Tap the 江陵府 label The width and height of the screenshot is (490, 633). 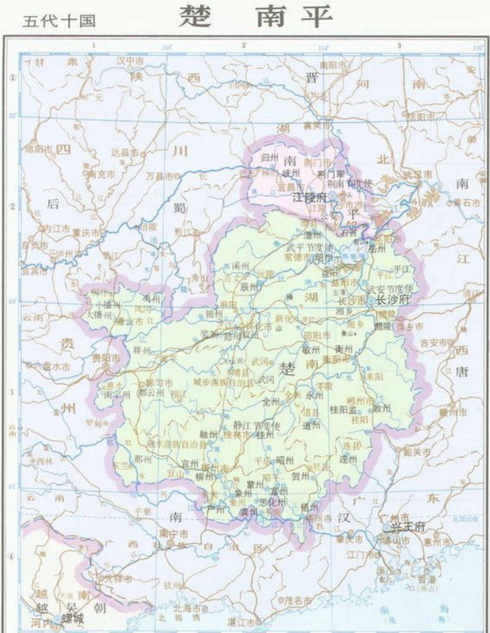pos(309,198)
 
